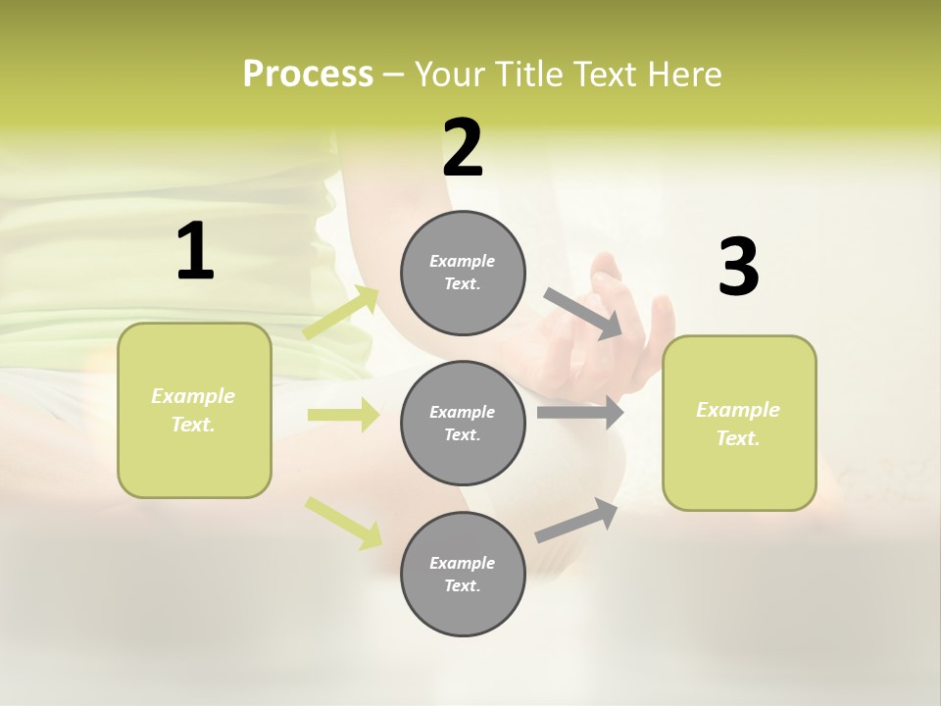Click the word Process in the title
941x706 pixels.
pyautogui.click(x=308, y=75)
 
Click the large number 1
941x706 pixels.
pyautogui.click(x=195, y=252)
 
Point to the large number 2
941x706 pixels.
pyautogui.click(x=463, y=148)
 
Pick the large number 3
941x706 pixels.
pyautogui.click(x=738, y=267)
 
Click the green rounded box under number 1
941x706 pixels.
pyautogui.click(x=194, y=410)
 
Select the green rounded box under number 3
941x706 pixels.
pyautogui.click(x=739, y=423)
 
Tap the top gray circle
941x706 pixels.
pyautogui.click(x=463, y=273)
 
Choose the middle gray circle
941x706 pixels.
pyautogui.click(x=463, y=423)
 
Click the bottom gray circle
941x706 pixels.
pyautogui.click(x=463, y=574)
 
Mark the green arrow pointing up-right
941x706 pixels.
pyautogui.click(x=342, y=312)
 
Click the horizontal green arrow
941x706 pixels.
pyautogui.click(x=343, y=415)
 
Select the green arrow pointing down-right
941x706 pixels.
pyautogui.click(x=343, y=522)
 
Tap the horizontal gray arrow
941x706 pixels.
pyautogui.click(x=580, y=413)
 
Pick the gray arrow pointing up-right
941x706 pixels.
pyautogui.click(x=577, y=521)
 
